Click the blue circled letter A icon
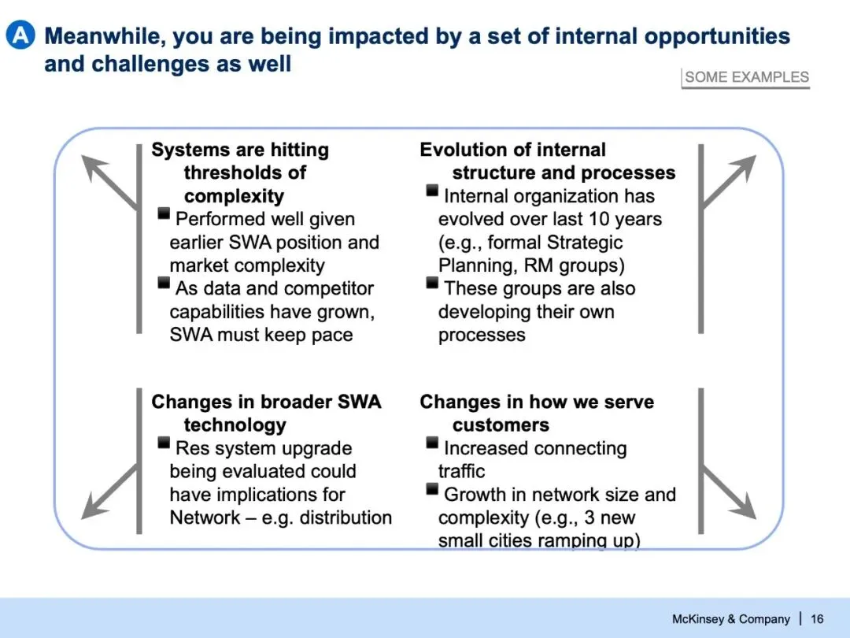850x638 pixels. point(20,35)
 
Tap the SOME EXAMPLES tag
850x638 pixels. point(746,77)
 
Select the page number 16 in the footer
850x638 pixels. point(817,619)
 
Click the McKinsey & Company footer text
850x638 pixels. point(730,619)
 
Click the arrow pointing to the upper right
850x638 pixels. point(728,181)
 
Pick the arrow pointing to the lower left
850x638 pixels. point(110,491)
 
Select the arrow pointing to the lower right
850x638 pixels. point(728,492)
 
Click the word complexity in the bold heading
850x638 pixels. point(234,196)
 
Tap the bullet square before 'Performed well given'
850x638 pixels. point(164,213)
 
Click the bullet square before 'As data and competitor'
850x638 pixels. point(164,283)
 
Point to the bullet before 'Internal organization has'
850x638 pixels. point(432,191)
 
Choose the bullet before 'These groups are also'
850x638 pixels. point(432,283)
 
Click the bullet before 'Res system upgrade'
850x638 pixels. point(164,443)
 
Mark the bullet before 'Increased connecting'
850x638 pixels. point(432,443)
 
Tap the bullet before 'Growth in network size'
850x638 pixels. point(432,489)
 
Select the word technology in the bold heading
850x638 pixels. point(235,425)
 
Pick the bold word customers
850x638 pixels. point(501,425)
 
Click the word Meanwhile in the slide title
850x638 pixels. point(105,36)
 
